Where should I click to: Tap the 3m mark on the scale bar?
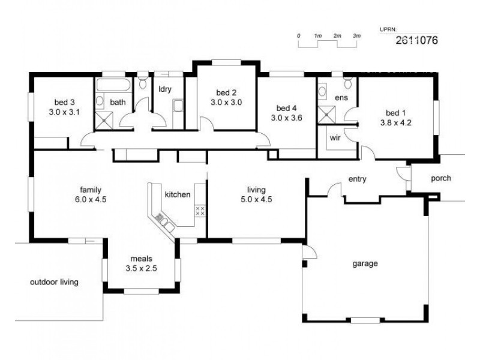coord(357,36)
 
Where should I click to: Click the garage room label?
coord(365,263)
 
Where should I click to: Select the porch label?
coord(440,178)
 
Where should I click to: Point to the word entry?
coord(358,179)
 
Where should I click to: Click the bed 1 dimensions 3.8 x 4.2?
coord(395,123)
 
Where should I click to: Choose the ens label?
coord(341,97)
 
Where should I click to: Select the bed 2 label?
coord(226,92)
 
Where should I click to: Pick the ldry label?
coord(165,89)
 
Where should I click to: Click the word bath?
coord(118,102)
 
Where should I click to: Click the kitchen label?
coord(178,194)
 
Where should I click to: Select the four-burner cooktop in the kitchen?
coord(200,211)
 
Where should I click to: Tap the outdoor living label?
coord(54,281)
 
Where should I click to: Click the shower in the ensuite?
coord(328,115)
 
